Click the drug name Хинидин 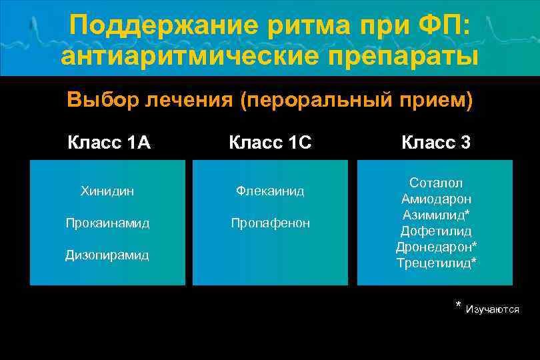coord(107,191)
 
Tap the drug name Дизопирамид coord(107,255)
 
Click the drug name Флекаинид coord(270,191)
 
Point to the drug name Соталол coord(436,183)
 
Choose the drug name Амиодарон coord(436,199)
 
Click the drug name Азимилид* coord(436,215)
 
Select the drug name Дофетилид coord(436,231)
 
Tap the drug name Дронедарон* coord(436,247)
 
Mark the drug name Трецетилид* coord(436,263)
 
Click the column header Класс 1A coord(109,143)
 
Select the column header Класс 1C coord(270,143)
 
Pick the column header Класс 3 coord(436,143)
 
